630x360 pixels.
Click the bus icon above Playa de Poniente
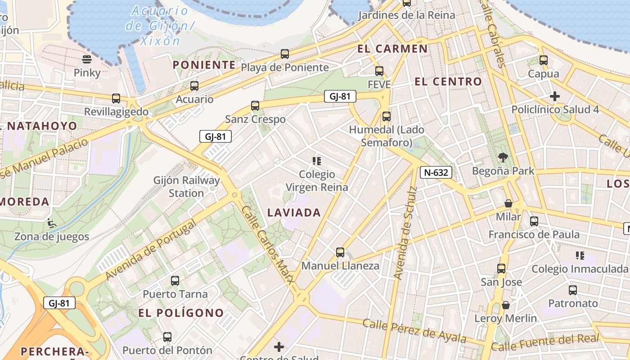pyautogui.click(x=284, y=54)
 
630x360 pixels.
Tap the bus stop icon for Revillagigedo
pyautogui.click(x=116, y=98)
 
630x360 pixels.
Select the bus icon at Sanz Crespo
pyautogui.click(x=255, y=106)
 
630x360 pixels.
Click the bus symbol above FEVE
pyautogui.click(x=379, y=71)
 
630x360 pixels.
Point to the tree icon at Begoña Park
pyautogui.click(x=503, y=157)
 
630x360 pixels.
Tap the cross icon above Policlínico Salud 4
pyautogui.click(x=555, y=96)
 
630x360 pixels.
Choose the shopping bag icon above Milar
pyautogui.click(x=508, y=203)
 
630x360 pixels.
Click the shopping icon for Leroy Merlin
pyautogui.click(x=506, y=305)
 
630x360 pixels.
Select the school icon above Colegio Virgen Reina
pyautogui.click(x=317, y=161)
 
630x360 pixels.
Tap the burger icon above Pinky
pyautogui.click(x=87, y=59)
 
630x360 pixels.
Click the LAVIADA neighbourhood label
pyautogui.click(x=294, y=213)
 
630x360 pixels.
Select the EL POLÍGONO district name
pyautogui.click(x=181, y=313)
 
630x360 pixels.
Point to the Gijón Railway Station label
pyautogui.click(x=186, y=187)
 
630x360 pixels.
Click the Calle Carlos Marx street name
pyautogui.click(x=268, y=245)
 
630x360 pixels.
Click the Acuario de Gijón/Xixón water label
pyautogui.click(x=160, y=26)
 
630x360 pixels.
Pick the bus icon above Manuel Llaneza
pyautogui.click(x=340, y=252)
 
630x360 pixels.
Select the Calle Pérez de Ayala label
pyautogui.click(x=414, y=331)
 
